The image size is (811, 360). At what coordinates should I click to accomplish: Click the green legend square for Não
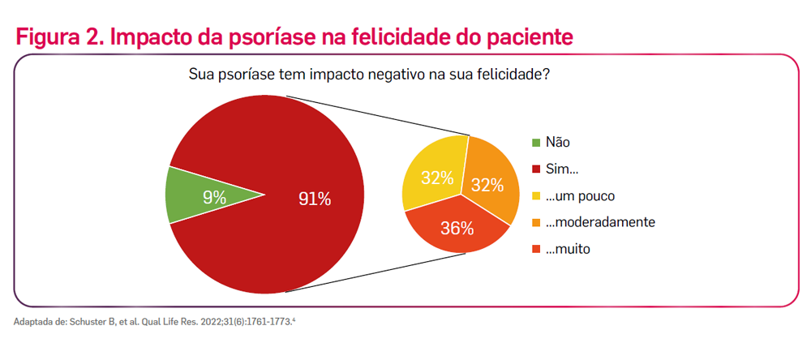[x=536, y=143]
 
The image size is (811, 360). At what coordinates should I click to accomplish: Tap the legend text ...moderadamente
[x=600, y=222]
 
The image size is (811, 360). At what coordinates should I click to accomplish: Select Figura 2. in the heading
[x=57, y=37]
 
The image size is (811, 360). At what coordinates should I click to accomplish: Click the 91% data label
[x=314, y=199]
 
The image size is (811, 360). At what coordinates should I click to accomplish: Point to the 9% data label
[x=214, y=196]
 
